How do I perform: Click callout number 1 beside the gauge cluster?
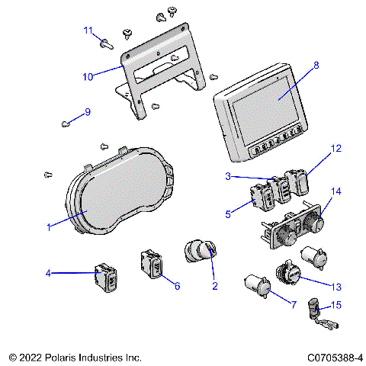[49, 226]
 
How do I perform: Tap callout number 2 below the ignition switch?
[215, 286]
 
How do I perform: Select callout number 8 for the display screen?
[316, 66]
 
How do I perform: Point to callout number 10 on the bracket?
[88, 77]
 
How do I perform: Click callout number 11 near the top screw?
[88, 30]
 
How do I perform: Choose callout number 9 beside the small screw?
[87, 111]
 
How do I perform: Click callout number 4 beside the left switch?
[48, 271]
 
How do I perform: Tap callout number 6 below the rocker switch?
[177, 286]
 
